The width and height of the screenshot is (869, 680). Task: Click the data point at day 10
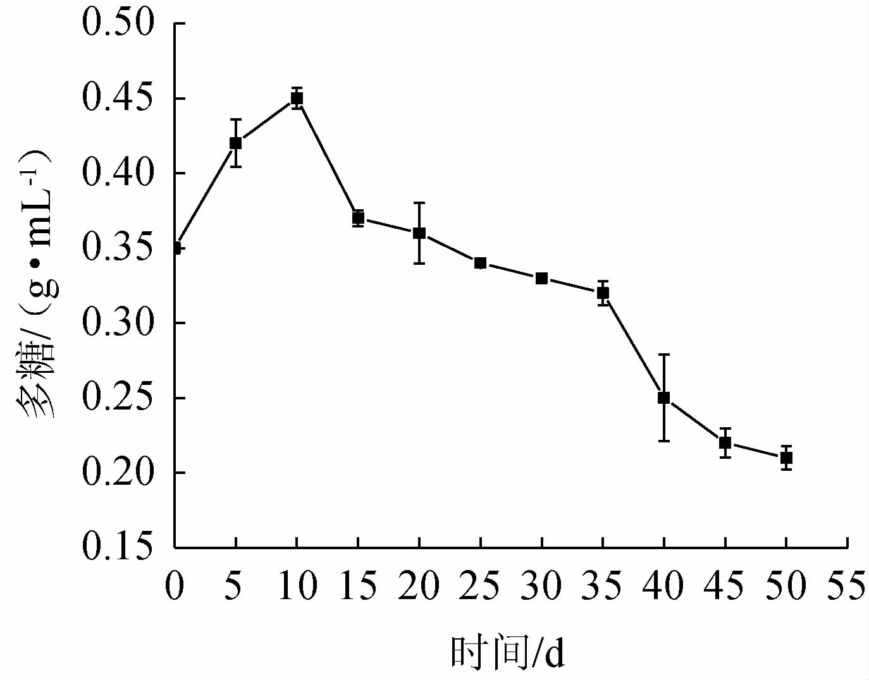(x=297, y=98)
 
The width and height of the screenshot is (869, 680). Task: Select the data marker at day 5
(x=235, y=143)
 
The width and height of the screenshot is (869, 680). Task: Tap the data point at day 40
(x=663, y=398)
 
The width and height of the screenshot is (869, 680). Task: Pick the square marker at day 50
(x=786, y=458)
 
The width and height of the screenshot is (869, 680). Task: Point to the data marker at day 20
(x=419, y=233)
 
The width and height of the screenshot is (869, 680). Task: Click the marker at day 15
(x=358, y=218)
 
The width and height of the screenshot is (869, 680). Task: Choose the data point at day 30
(x=541, y=278)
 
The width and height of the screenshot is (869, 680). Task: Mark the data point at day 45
(x=725, y=442)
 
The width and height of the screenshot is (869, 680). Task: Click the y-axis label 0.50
(x=118, y=24)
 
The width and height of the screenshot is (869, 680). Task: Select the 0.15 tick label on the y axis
(x=118, y=547)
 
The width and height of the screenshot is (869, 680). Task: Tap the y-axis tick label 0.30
(x=118, y=323)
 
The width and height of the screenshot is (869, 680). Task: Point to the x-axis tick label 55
(x=847, y=585)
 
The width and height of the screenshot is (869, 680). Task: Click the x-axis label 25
(x=480, y=585)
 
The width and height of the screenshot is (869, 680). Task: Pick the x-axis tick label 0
(x=174, y=585)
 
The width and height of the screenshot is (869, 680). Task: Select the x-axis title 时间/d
(x=507, y=653)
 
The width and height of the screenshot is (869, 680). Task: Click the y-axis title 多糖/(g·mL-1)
(x=39, y=284)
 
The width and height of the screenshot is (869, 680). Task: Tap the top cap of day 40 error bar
(x=663, y=355)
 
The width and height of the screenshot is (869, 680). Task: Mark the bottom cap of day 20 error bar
(x=419, y=263)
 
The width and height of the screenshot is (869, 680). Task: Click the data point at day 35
(x=603, y=293)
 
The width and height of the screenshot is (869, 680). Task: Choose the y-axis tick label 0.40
(x=118, y=173)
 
